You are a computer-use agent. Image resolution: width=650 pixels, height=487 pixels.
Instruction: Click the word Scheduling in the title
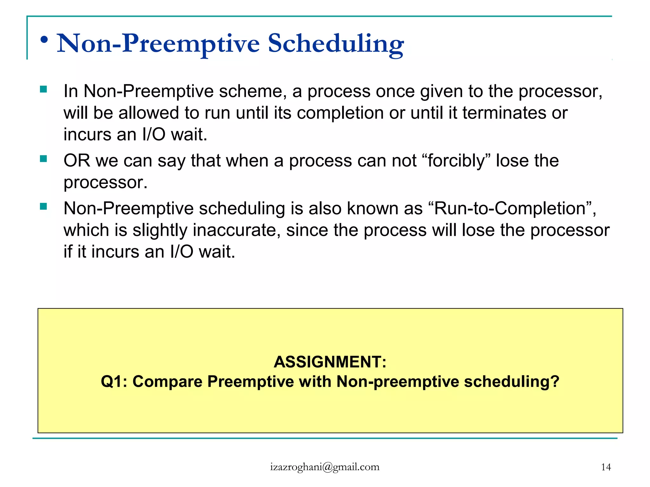[336, 44]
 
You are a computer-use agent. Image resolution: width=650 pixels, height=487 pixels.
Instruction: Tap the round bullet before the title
[44, 40]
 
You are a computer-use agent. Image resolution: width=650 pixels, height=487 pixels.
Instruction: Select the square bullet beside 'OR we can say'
[43, 159]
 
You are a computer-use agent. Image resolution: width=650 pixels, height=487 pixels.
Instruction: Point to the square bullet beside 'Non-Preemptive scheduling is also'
[43, 207]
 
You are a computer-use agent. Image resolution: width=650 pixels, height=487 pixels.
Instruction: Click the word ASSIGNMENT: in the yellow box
[330, 362]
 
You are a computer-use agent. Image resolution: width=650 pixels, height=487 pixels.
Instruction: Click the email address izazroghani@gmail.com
[325, 467]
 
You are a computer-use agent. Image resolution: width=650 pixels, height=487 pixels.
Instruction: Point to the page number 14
[606, 467]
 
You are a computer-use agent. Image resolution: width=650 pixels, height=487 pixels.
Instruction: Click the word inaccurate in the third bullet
[236, 230]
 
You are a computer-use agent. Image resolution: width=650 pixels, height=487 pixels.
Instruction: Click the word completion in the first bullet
[340, 113]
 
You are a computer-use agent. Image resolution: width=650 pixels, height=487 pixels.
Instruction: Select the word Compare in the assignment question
[167, 381]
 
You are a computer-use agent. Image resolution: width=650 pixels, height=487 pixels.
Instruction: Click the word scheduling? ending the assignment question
[511, 381]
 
